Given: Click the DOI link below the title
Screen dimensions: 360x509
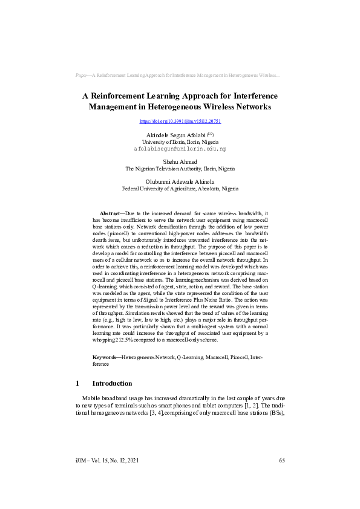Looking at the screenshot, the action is [180, 122].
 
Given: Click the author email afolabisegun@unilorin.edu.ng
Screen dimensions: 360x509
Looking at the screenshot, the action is [180, 148].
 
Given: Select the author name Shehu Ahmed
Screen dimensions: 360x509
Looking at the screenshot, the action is [180, 161].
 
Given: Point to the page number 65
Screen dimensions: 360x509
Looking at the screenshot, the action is [282, 461].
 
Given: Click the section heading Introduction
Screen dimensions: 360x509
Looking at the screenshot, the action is [112, 383].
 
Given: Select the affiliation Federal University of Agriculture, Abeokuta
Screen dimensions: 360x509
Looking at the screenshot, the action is [180, 189].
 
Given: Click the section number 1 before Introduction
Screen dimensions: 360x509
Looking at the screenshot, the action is [77, 383].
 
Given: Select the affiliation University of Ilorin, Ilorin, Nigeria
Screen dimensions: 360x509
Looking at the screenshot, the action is [180, 141].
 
